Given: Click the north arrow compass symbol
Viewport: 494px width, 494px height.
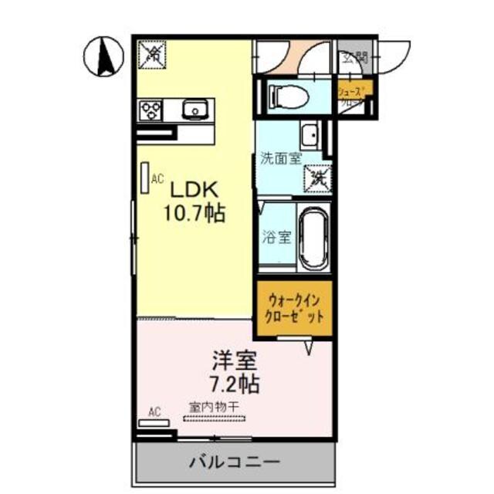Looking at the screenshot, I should click(x=106, y=57).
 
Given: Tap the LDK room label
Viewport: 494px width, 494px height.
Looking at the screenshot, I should click(x=195, y=190).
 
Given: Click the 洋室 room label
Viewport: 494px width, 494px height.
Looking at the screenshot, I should click(x=235, y=360).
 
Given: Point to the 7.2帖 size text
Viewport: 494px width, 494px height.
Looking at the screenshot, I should click(x=233, y=384).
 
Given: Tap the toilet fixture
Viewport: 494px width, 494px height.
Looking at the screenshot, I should click(x=289, y=96).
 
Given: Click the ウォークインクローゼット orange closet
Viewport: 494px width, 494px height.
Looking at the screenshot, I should click(x=294, y=309).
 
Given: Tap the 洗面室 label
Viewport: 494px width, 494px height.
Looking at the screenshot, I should click(x=280, y=160).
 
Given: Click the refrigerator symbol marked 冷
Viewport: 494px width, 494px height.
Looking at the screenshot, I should click(x=152, y=54).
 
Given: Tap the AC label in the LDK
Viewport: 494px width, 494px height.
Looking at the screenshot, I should click(x=157, y=179).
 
